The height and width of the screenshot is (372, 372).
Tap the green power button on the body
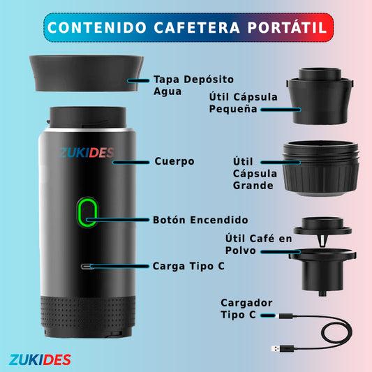coord(87,212)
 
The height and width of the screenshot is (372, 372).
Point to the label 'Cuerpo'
coord(174,161)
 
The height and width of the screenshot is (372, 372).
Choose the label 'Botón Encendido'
coord(200,219)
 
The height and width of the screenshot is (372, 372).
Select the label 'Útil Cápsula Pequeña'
coord(242,103)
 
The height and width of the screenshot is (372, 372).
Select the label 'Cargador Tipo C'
coord(246,308)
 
